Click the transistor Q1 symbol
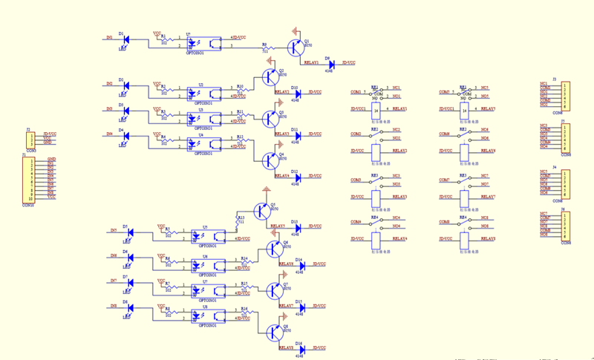(296, 48)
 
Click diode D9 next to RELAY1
(331, 65)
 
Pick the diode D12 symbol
(296, 177)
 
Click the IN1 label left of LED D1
(110, 36)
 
